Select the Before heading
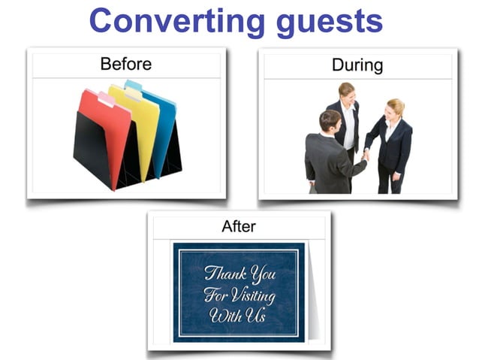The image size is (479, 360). pos(125,64)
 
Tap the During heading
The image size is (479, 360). pos(357,65)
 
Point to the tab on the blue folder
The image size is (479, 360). pos(134,85)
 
